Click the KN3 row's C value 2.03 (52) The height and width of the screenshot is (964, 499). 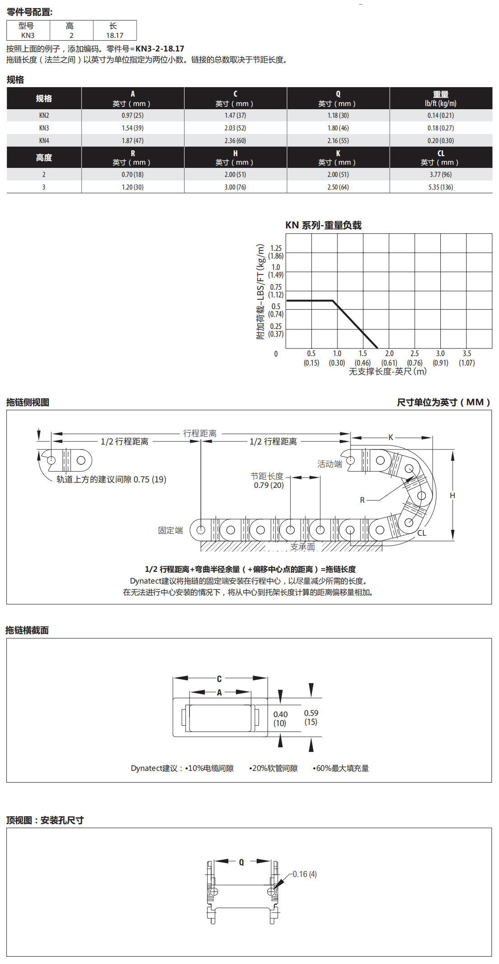click(x=235, y=128)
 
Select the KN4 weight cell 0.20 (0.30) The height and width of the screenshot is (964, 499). click(x=440, y=141)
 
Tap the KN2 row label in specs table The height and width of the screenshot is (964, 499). click(x=44, y=116)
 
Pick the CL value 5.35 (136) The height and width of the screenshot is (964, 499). click(x=440, y=187)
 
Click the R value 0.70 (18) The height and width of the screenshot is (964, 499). click(x=132, y=175)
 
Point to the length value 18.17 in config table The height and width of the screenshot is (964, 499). click(x=115, y=36)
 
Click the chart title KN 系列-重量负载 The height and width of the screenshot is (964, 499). click(x=323, y=225)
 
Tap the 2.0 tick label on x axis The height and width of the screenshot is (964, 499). click(x=389, y=354)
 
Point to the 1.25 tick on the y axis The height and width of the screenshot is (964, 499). click(x=276, y=248)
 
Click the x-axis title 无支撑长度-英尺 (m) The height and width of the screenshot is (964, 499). click(x=388, y=371)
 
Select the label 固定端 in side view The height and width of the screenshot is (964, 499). click(x=171, y=530)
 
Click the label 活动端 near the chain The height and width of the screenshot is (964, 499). click(x=329, y=464)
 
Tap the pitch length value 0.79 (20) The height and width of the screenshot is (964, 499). click(x=268, y=485)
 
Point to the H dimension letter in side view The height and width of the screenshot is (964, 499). click(x=452, y=496)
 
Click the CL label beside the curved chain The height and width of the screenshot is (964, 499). click(x=421, y=533)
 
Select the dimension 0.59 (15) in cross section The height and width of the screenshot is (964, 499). click(x=311, y=717)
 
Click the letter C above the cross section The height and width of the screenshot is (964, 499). click(x=219, y=679)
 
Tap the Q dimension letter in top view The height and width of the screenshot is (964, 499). click(x=241, y=862)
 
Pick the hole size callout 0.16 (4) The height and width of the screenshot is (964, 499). click(x=305, y=874)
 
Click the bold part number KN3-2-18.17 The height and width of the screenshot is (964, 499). click(x=160, y=49)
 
